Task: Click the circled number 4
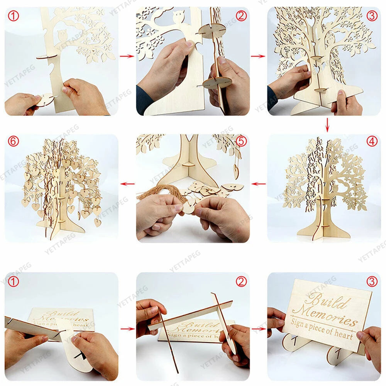click(372, 142)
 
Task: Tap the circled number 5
click(241, 142)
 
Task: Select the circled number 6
click(13, 142)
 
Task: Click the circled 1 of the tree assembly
click(13, 15)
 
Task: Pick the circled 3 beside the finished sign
click(372, 282)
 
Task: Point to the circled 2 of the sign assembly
click(241, 282)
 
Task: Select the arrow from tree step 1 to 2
click(127, 56)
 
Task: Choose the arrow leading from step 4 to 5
click(258, 184)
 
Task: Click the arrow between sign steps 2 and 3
click(258, 329)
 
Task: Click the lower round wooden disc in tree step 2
click(217, 82)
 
